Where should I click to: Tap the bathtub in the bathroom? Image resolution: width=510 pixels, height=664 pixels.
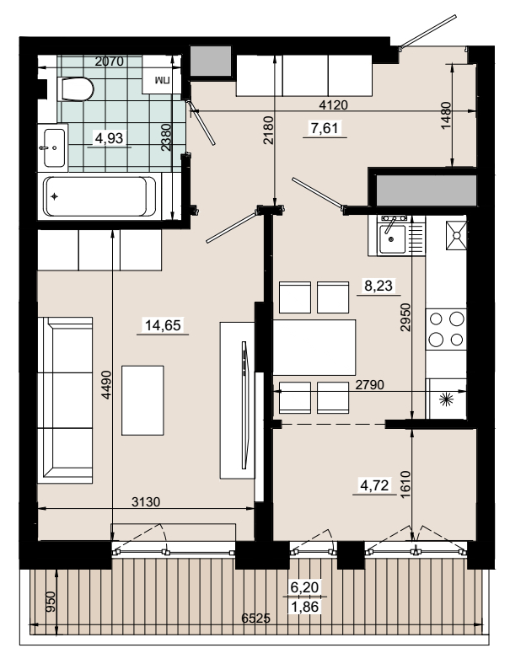[x=100, y=196]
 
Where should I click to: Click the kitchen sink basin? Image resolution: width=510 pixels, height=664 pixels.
[x=392, y=238]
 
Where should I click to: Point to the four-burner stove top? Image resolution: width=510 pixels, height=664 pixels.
[x=446, y=329]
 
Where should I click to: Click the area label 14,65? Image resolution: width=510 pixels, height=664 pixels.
[x=163, y=325]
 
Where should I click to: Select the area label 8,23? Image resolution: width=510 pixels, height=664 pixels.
[x=378, y=286]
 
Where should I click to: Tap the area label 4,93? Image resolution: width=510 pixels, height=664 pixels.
[x=110, y=137]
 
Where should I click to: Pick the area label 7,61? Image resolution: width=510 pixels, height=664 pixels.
[x=325, y=127]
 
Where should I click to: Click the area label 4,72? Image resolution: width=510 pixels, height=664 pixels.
[x=374, y=485]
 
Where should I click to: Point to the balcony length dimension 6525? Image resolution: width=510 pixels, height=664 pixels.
[x=256, y=618]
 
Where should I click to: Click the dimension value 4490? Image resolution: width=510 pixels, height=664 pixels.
[x=106, y=384]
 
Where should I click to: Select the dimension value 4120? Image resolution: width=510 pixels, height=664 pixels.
[x=333, y=104]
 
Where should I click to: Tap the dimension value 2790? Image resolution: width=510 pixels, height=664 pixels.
[x=369, y=384]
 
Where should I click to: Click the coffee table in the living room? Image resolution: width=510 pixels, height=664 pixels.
[x=142, y=400]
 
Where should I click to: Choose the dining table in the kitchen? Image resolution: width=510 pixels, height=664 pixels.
[x=314, y=347]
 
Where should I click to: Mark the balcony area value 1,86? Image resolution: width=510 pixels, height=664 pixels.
[x=304, y=607]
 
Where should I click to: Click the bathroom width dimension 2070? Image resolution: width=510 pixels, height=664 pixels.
[x=110, y=62]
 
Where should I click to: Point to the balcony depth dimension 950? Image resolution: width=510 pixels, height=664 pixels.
[x=50, y=602]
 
